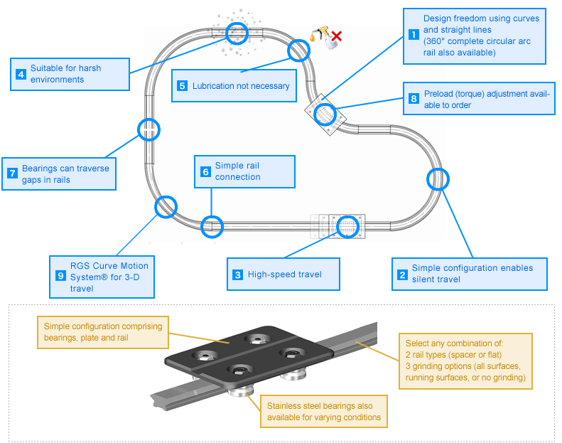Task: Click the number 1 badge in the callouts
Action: click(414, 34)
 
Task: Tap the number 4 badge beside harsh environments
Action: click(21, 74)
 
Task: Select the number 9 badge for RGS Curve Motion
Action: click(60, 275)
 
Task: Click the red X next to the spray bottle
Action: click(336, 36)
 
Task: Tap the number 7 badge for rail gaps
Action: click(13, 174)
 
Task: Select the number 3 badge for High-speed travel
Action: click(237, 274)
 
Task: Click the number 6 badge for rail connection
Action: click(205, 171)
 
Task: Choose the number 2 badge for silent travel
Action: click(403, 274)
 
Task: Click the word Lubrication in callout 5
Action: click(213, 86)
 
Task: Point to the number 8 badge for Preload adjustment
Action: click(414, 98)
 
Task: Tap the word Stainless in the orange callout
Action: click(283, 406)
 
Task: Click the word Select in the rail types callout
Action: click(416, 343)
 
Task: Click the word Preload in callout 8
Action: click(438, 94)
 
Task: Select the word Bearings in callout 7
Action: click(39, 169)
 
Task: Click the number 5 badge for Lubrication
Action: click(182, 86)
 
